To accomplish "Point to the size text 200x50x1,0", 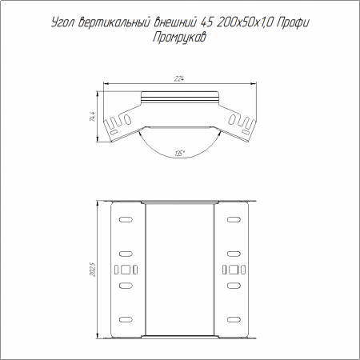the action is click(244, 23).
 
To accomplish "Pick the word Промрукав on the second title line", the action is click(179, 37).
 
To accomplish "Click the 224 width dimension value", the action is click(180, 79).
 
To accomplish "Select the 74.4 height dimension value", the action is click(93, 116).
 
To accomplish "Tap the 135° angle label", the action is click(180, 154).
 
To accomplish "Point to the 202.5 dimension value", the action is click(93, 270).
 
